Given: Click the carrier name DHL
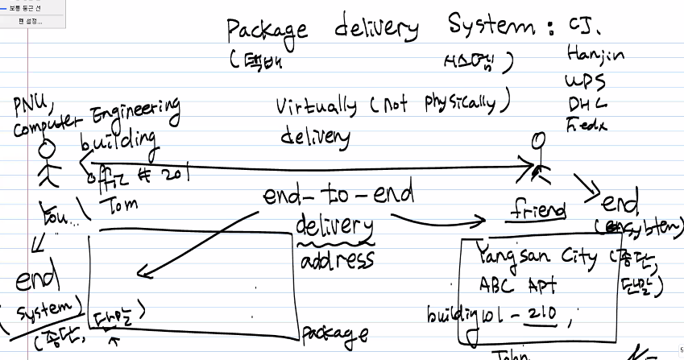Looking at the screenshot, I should (x=587, y=104).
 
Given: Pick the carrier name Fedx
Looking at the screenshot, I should (x=587, y=125).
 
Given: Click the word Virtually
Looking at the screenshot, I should (x=316, y=106).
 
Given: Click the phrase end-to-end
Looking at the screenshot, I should (x=338, y=195).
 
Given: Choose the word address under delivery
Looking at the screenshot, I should (x=338, y=261).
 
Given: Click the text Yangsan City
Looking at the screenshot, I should (x=536, y=258).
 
